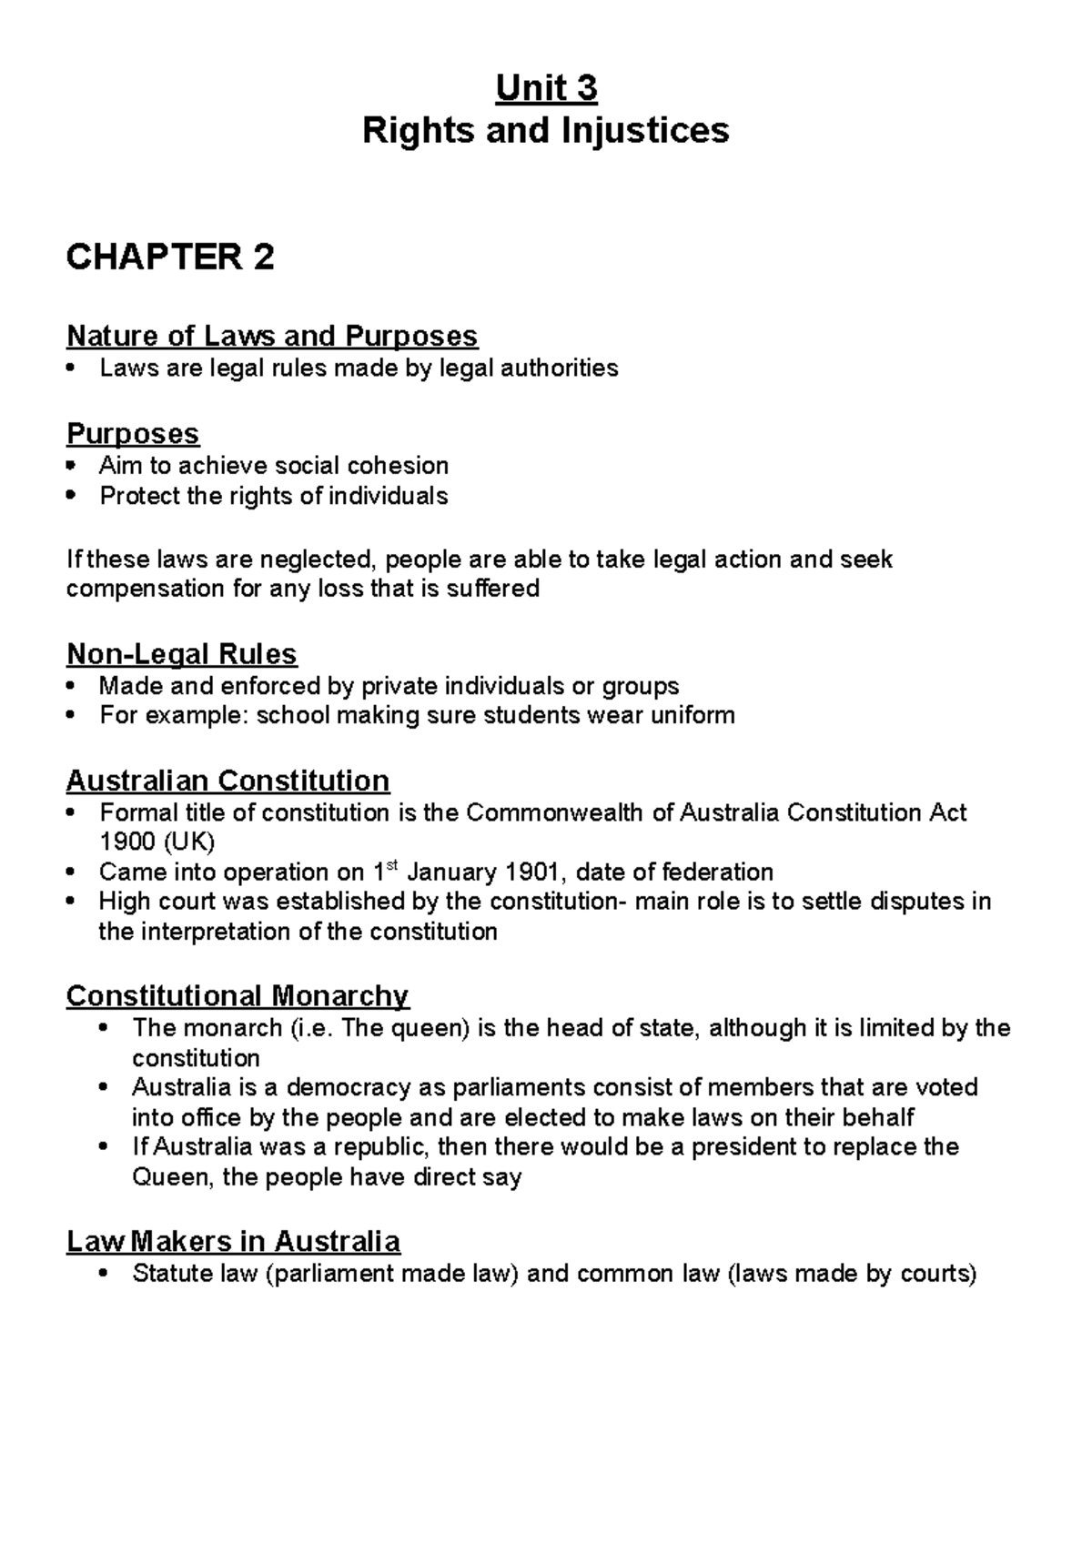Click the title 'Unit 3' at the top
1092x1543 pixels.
click(x=545, y=89)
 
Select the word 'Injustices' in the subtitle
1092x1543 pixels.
click(x=644, y=130)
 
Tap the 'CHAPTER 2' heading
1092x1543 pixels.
click(x=170, y=257)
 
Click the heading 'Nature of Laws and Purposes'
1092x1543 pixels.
click(x=271, y=336)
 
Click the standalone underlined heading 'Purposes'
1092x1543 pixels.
click(x=132, y=433)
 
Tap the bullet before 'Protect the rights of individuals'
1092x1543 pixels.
click(x=73, y=497)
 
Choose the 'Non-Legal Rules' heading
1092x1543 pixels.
click(x=181, y=654)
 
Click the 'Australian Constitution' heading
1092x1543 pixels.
click(x=227, y=781)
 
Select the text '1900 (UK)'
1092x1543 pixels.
click(x=157, y=842)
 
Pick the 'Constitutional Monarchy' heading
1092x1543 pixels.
click(x=238, y=996)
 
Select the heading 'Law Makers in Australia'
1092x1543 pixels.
click(x=233, y=1242)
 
